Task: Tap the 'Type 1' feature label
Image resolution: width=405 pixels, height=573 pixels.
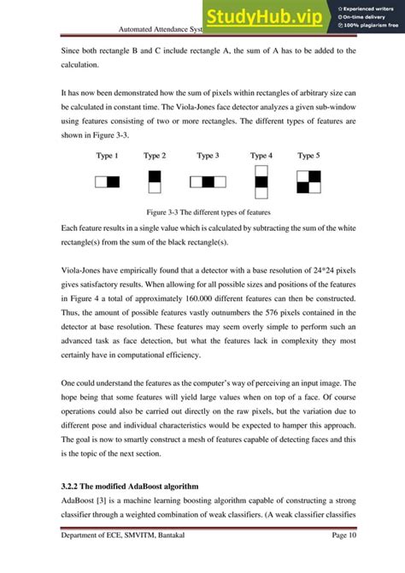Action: tap(107, 156)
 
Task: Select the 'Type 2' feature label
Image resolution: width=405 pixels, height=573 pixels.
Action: tap(155, 156)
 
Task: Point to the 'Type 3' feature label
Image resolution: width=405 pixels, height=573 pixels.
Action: tap(208, 156)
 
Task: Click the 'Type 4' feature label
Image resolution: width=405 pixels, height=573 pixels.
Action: tap(261, 156)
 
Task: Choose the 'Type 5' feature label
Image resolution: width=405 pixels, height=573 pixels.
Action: tap(308, 156)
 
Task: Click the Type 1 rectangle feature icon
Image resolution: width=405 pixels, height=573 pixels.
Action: tap(107, 182)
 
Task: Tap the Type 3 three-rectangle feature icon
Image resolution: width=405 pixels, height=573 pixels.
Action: tap(208, 182)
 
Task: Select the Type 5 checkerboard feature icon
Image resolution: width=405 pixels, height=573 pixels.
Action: tap(308, 182)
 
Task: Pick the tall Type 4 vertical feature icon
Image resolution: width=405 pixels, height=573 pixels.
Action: tap(261, 182)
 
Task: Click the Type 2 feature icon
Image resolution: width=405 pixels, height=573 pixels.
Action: tap(155, 182)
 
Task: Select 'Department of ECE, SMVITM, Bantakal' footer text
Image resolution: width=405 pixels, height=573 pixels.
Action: tap(128, 558)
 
